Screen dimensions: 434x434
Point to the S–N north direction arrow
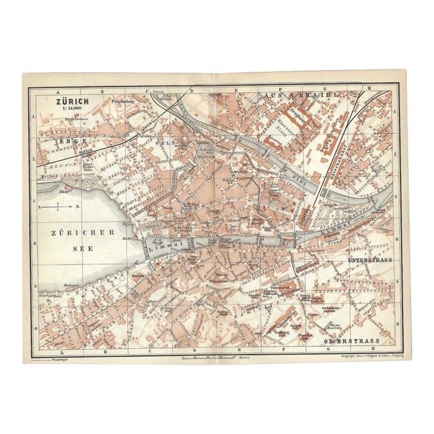click(59, 205)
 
